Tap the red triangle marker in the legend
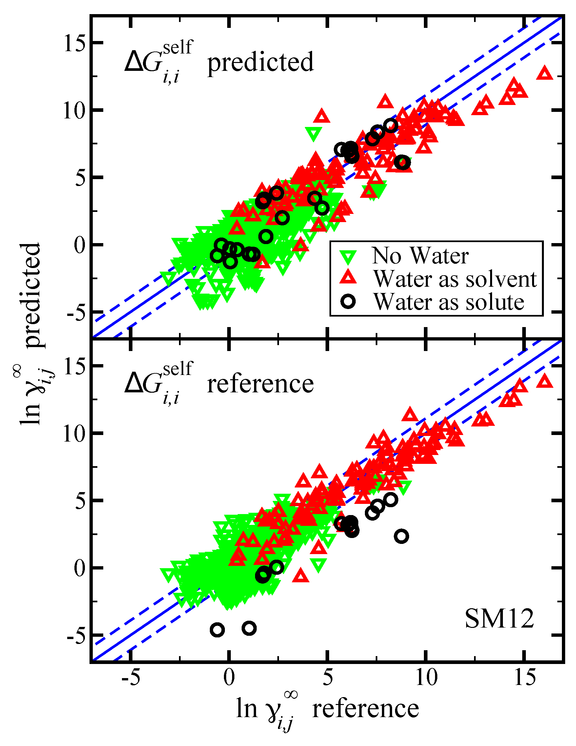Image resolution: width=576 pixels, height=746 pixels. click(348, 277)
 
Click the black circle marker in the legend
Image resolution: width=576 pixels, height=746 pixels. click(348, 301)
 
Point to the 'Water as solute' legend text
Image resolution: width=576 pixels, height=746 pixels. click(449, 302)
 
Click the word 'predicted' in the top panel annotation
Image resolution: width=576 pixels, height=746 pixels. click(260, 62)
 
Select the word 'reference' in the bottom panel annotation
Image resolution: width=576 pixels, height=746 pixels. click(260, 384)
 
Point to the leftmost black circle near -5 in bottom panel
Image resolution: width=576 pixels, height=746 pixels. click(217, 630)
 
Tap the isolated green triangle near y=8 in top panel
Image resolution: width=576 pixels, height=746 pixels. click(313, 134)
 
